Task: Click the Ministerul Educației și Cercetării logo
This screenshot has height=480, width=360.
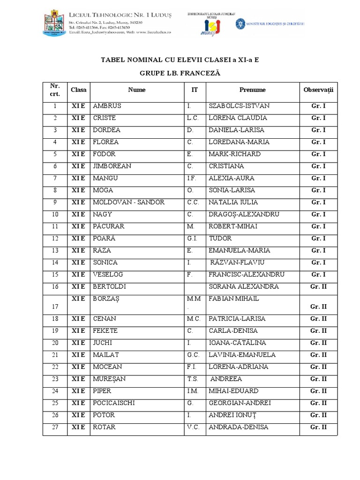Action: point(270,22)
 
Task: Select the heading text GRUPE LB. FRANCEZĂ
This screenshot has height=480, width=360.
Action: point(180,74)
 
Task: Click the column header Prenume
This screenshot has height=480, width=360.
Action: point(252,90)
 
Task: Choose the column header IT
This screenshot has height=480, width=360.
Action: point(194,90)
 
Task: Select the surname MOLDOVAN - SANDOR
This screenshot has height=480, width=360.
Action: point(128,202)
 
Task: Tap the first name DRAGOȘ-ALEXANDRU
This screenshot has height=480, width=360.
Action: point(244,214)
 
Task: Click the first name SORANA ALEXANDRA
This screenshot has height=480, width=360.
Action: point(244,286)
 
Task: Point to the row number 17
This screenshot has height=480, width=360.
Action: point(55,307)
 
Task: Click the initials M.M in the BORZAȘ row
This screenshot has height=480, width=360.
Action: point(194,299)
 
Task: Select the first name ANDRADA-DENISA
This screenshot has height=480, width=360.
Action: point(239,427)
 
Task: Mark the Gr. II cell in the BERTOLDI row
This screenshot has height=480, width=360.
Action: point(318,286)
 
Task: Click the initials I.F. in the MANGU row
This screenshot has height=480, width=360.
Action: point(192,178)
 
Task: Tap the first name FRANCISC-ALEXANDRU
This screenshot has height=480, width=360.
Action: point(247,275)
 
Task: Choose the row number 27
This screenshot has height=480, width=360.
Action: point(55,427)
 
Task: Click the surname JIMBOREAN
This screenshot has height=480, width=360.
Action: point(112,166)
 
